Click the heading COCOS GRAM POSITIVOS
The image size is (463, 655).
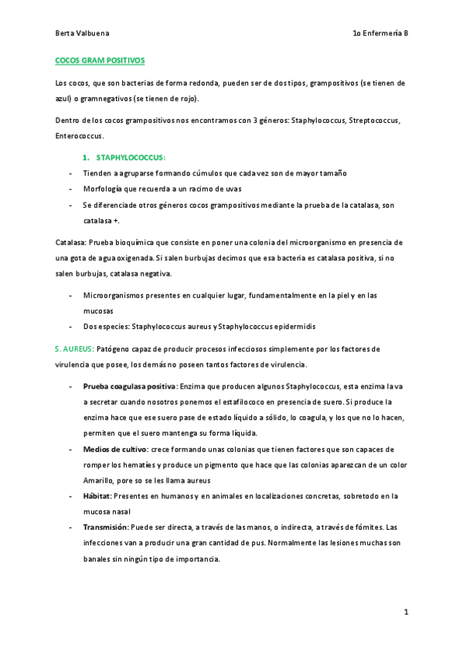coord(100,59)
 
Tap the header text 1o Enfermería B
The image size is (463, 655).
coord(380,35)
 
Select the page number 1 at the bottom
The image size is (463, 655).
coord(405,612)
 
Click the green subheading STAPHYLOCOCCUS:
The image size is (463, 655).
coord(131,158)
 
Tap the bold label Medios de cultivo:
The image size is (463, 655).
coord(115,449)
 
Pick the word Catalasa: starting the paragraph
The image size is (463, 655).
coord(72,243)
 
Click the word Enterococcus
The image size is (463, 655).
coord(80,135)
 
